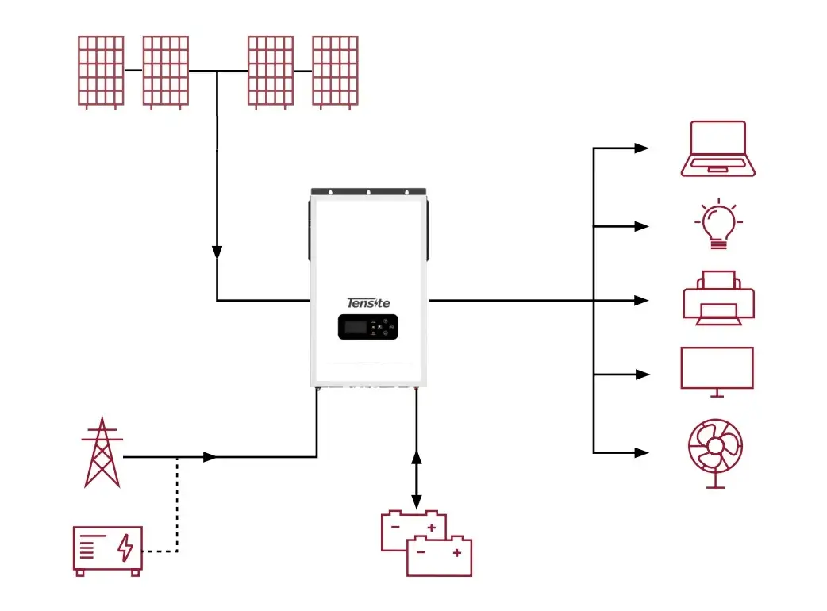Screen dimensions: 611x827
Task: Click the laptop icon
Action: pos(717,148)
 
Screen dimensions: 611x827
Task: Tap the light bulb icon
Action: pos(717,225)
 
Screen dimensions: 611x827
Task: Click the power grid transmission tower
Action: pos(102,452)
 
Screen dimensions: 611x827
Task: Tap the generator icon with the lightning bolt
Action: pos(108,548)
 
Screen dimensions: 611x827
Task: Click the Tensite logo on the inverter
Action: pos(369,302)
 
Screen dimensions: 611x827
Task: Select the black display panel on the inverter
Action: pos(367,327)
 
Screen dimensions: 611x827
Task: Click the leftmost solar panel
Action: pos(101,71)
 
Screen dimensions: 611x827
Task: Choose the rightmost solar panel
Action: pos(334,71)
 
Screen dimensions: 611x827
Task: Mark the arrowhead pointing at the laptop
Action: pos(641,148)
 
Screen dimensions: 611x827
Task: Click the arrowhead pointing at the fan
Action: pos(641,452)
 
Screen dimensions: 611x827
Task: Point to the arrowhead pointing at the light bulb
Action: pos(641,226)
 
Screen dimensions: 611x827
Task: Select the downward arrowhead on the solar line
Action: pos(217,252)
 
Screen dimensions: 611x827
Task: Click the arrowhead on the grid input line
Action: pos(210,457)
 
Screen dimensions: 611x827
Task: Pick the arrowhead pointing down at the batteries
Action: pos(416,501)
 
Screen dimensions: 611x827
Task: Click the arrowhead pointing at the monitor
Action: pos(641,375)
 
